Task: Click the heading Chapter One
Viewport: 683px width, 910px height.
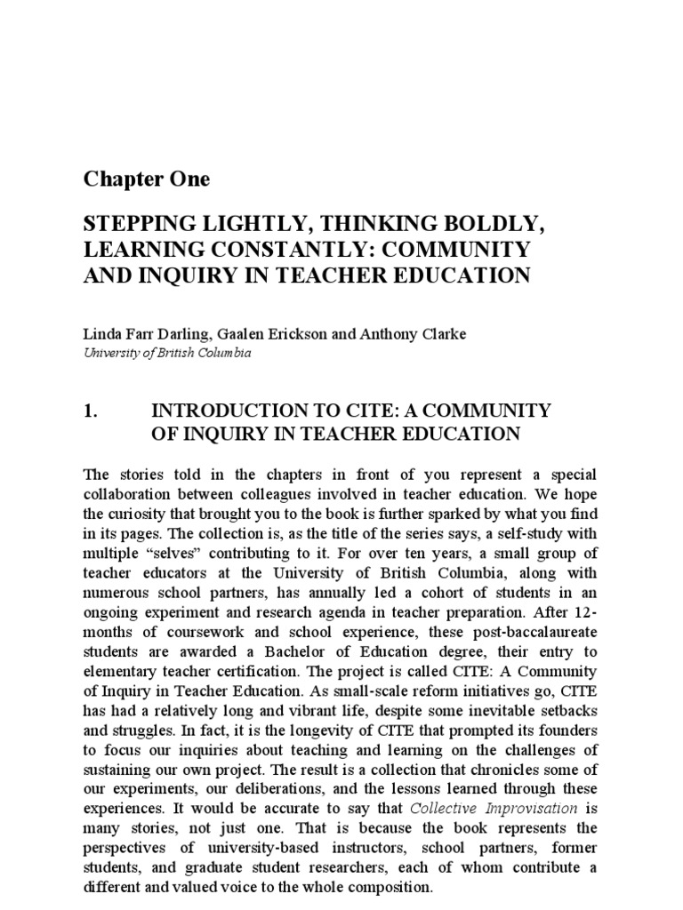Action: coord(147,179)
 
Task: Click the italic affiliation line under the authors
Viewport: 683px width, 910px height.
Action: coord(167,352)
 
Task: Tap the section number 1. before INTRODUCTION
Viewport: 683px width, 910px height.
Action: coord(89,411)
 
